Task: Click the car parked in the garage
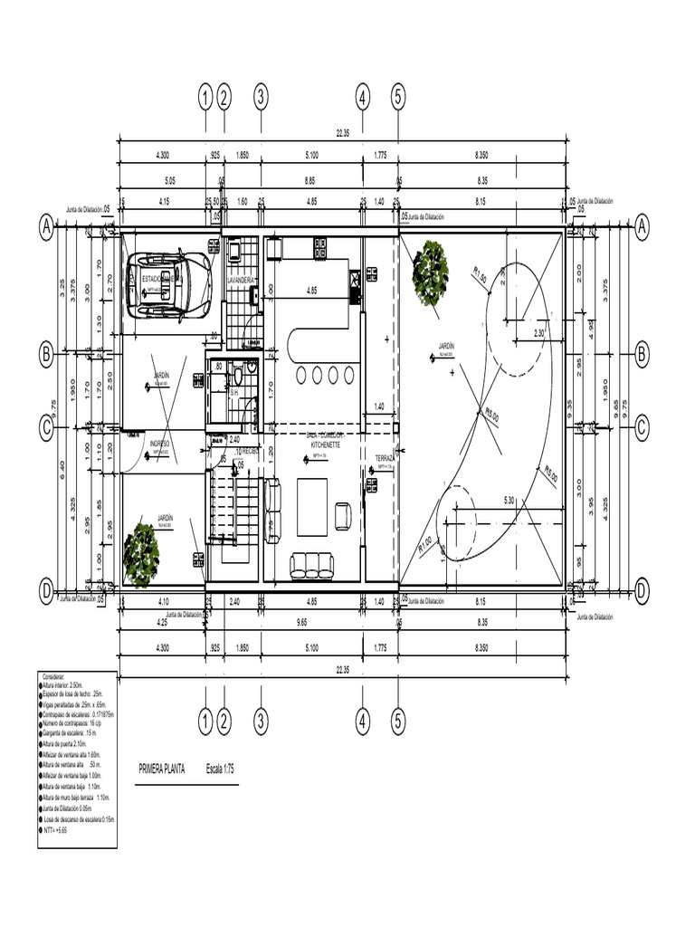click(x=170, y=285)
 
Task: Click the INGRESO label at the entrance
click(x=160, y=444)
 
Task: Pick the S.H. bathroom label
click(x=233, y=393)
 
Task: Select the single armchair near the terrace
click(x=343, y=515)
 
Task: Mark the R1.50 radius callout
click(x=479, y=274)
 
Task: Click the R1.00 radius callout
click(x=425, y=543)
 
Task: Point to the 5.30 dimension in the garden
click(x=509, y=501)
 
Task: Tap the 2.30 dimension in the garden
click(x=538, y=333)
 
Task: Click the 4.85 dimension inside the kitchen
click(x=311, y=291)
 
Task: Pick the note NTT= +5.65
click(x=56, y=828)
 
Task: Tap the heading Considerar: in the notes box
click(x=55, y=675)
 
